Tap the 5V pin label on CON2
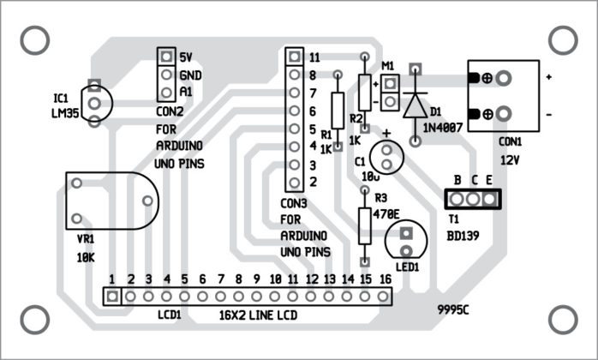pyautogui.click(x=186, y=57)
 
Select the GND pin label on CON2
pyautogui.click(x=189, y=75)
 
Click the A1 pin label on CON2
pyautogui.click(x=186, y=92)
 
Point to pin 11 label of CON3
pyautogui.click(x=314, y=57)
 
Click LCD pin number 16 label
pyautogui.click(x=385, y=279)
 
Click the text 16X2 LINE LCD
pyautogui.click(x=256, y=315)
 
